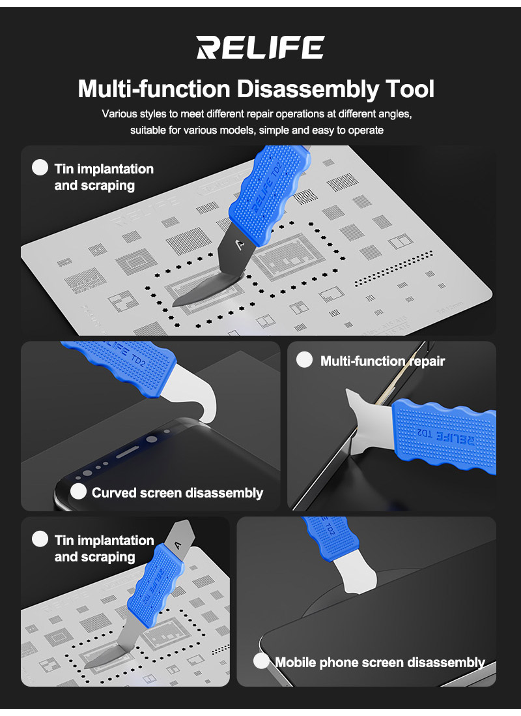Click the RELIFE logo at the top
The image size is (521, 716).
[x=260, y=48]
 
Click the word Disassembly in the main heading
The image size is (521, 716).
[x=307, y=89]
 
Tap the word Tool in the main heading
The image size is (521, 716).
[x=410, y=89]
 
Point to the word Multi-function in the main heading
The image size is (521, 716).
[x=154, y=89]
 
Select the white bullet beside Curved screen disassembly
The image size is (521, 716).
[x=78, y=491]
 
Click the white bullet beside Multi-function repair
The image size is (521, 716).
[x=304, y=360]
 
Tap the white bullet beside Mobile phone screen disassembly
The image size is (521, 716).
[x=261, y=661]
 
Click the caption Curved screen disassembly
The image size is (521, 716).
[x=178, y=493]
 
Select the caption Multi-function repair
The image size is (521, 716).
[x=382, y=361]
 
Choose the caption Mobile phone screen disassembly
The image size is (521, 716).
[x=380, y=662]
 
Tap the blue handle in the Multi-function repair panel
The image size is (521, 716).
[x=444, y=436]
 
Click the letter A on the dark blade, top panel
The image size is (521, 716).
[x=240, y=245]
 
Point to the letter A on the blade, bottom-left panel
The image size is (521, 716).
[x=178, y=544]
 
